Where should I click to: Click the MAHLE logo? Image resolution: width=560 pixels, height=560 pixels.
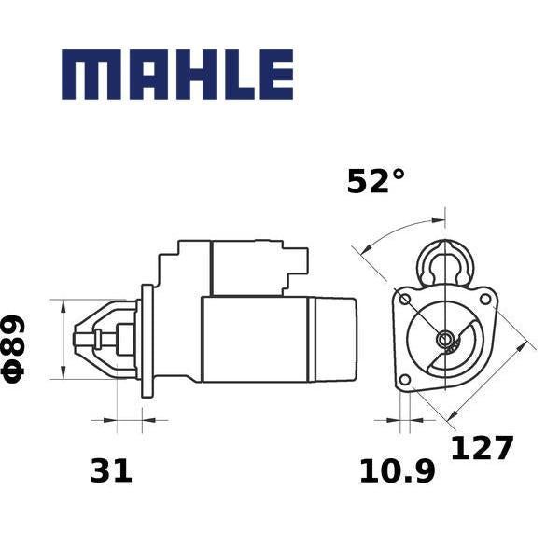[x=177, y=75]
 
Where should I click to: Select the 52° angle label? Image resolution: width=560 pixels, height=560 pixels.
[x=375, y=181]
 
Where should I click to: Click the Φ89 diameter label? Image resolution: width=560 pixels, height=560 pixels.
[x=14, y=349]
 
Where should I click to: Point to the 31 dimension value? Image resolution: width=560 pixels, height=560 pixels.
[x=111, y=470]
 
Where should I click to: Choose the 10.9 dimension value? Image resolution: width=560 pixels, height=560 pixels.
[x=398, y=471]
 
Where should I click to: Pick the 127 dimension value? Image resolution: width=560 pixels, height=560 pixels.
[x=482, y=448]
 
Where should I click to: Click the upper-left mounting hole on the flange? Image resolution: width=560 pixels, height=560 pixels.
[x=405, y=300]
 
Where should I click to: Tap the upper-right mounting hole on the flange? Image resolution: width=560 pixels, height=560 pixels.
[x=485, y=299]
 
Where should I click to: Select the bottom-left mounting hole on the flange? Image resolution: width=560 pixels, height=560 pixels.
[x=405, y=379]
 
